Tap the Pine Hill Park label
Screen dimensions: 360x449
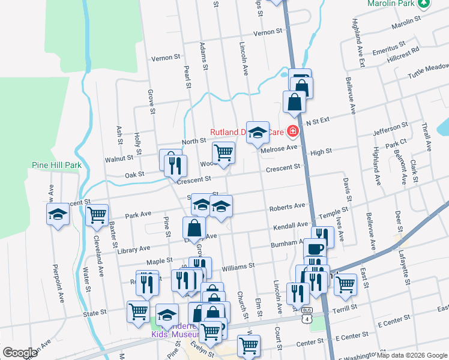tap(56, 164)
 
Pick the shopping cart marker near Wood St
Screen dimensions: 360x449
tap(223, 152)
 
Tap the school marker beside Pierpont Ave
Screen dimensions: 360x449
tap(58, 214)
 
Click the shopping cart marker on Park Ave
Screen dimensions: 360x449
tap(97, 215)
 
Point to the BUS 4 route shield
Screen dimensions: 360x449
tap(308, 314)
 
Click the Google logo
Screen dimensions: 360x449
tap(20, 353)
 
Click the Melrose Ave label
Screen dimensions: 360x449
tap(279, 148)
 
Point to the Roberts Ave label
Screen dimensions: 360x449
tap(287, 206)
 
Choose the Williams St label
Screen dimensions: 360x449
tap(238, 265)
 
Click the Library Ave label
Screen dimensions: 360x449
tap(136, 248)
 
